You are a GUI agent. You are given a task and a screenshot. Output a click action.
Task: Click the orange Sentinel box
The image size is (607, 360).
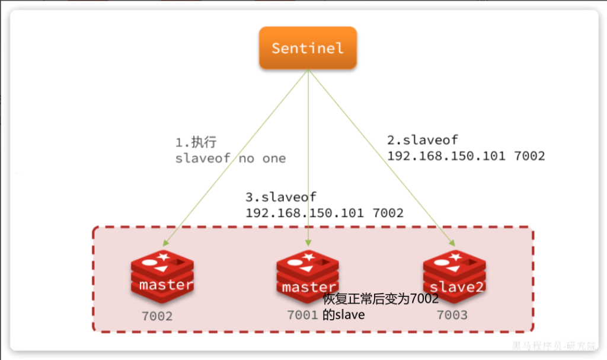(x=307, y=47)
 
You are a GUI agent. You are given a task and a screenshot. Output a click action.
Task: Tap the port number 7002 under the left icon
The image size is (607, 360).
(x=157, y=316)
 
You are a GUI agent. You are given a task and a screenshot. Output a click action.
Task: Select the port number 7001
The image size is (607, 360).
(x=302, y=315)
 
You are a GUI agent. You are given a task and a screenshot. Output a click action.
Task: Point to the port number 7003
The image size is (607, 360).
(x=452, y=315)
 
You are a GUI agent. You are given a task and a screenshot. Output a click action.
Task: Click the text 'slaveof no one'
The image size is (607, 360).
(x=231, y=158)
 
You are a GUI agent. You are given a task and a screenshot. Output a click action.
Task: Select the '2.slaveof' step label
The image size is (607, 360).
(x=423, y=141)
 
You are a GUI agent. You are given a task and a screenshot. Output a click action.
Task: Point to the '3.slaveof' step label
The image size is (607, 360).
(x=281, y=197)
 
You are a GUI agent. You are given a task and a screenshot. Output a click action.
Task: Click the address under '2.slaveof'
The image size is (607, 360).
(x=465, y=156)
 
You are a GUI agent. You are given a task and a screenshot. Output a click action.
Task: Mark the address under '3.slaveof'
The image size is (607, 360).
(x=324, y=212)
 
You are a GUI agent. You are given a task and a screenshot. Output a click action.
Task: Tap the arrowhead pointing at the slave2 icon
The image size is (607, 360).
(x=453, y=243)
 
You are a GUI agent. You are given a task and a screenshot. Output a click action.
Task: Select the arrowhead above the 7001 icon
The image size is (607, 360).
(x=308, y=243)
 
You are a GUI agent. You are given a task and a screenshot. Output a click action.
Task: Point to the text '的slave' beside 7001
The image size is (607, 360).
(x=344, y=315)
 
